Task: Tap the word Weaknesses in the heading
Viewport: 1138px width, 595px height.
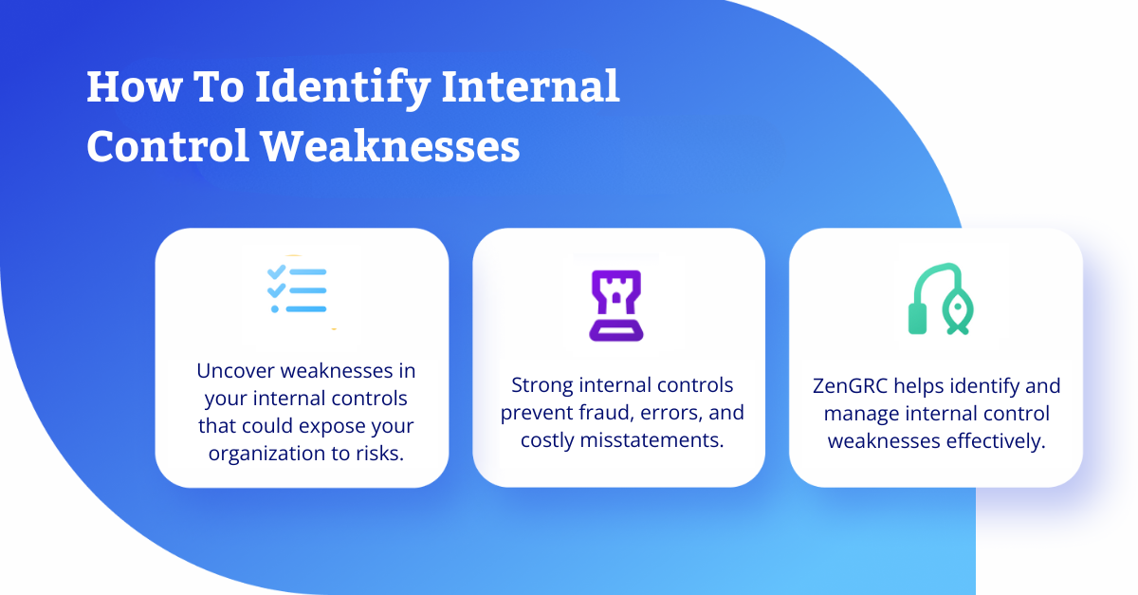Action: pos(390,146)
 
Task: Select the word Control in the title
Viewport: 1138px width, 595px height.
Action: pos(168,146)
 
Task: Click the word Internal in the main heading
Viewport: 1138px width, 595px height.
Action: pos(531,86)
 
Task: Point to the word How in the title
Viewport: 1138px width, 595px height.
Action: pos(134,87)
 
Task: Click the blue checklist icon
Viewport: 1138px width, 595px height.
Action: pos(297,288)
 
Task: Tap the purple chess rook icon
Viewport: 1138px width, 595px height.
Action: pos(616,306)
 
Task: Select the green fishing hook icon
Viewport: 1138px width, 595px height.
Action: pos(941,299)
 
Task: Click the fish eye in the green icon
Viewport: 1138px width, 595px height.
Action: pos(958,307)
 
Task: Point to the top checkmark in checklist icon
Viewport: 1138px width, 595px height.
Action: pos(276,271)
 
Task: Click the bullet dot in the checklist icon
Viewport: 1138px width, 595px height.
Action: pos(275,308)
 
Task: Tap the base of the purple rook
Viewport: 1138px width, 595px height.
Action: pos(616,332)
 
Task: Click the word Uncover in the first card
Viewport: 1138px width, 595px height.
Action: pos(235,371)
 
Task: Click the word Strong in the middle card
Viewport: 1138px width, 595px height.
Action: pos(541,386)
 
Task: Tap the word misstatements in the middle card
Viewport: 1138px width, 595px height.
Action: pos(652,440)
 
